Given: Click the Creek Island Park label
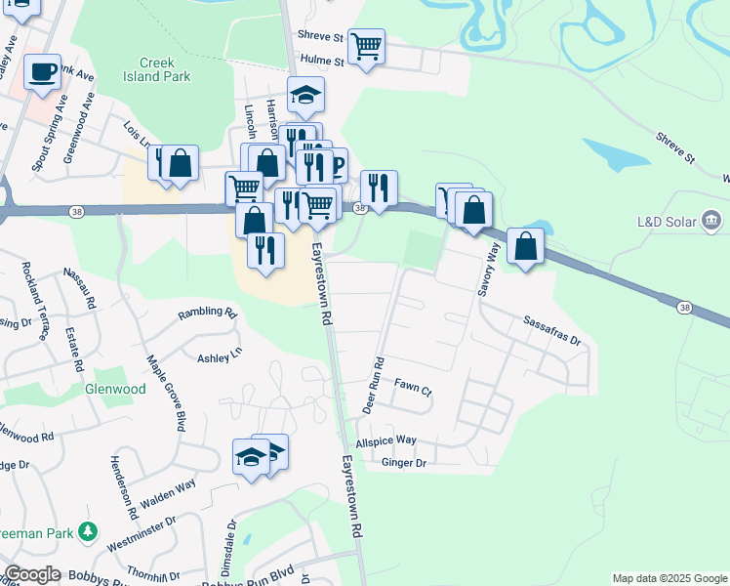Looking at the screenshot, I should (x=157, y=67).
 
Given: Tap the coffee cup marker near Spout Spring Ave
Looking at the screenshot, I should (x=42, y=73).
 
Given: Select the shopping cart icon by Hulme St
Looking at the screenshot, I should (x=366, y=46).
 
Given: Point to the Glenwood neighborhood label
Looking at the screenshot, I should (x=115, y=389).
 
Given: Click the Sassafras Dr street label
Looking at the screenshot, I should (x=551, y=332).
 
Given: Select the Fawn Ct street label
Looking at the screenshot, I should (x=412, y=387).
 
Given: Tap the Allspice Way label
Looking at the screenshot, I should (x=386, y=440).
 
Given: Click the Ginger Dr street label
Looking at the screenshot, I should (x=404, y=463).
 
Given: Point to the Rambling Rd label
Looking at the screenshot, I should (x=207, y=314).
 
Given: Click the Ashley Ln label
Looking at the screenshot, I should (x=219, y=357).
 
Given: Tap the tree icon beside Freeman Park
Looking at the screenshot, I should (x=90, y=531).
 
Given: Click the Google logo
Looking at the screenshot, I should (x=32, y=574).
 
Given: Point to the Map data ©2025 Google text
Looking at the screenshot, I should (x=669, y=578).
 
